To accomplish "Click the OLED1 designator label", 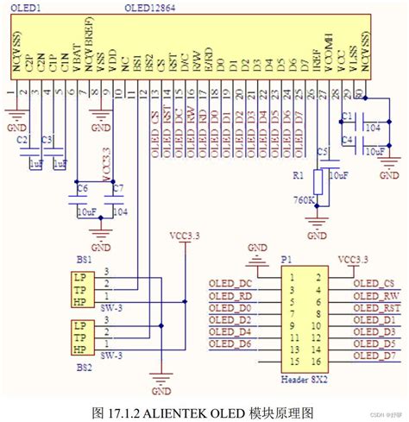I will [25, 8].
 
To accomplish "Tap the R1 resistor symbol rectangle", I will [318, 182].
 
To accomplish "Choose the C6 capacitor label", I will [82, 187].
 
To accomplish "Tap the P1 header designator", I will [286, 258].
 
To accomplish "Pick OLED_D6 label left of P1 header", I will [230, 343].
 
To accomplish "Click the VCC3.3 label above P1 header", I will [354, 257].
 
